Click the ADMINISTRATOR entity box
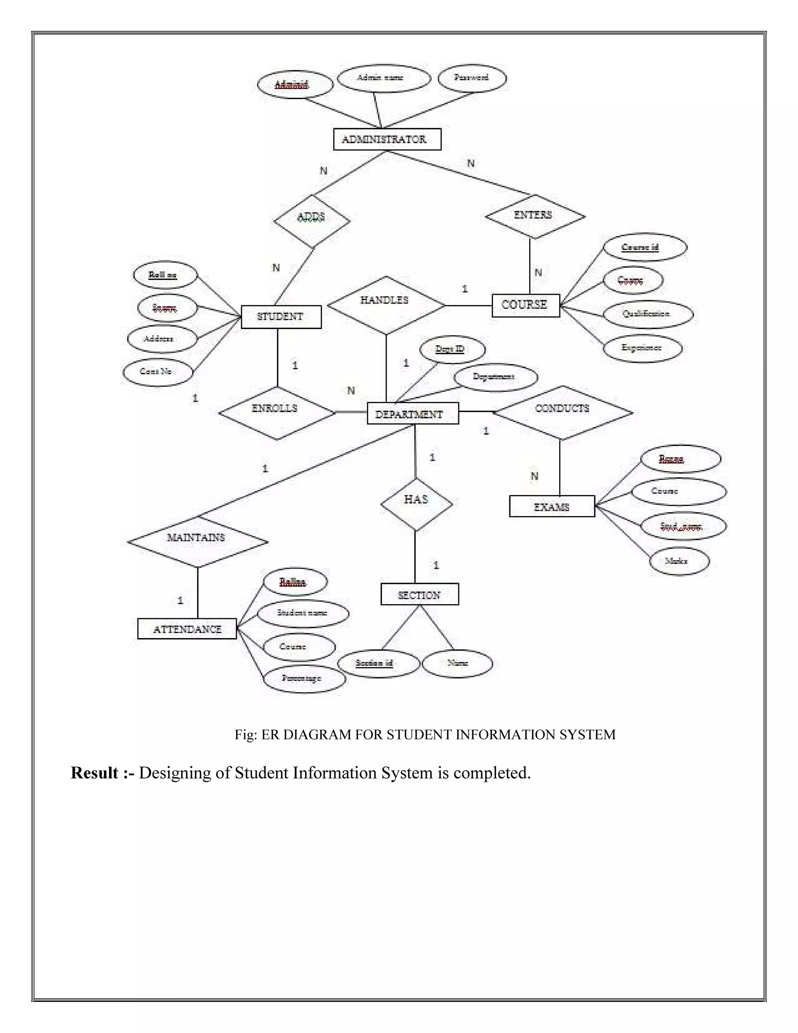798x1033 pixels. click(x=387, y=139)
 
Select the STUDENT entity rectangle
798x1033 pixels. click(x=281, y=317)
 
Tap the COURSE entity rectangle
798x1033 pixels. click(x=525, y=305)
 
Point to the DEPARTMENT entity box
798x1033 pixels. click(x=412, y=413)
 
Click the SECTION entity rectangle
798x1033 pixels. click(x=419, y=594)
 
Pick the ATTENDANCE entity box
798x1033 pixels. click(x=187, y=629)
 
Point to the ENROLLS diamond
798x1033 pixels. click(x=277, y=413)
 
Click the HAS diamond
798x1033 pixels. click(x=417, y=503)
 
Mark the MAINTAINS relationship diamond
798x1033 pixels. click(x=198, y=541)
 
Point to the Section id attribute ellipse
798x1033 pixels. click(x=378, y=663)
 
